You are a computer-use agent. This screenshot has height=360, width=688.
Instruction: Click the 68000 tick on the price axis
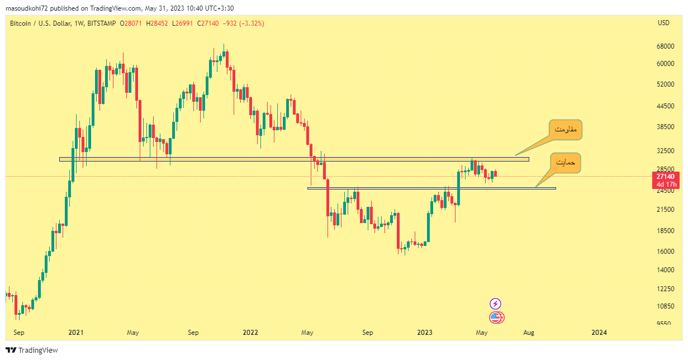[664, 46]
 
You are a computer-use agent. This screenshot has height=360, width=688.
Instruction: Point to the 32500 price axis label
[664, 151]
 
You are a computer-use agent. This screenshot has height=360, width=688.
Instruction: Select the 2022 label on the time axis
[250, 333]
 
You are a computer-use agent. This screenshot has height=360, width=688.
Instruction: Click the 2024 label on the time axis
[599, 333]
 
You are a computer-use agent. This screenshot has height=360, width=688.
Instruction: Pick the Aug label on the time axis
[528, 333]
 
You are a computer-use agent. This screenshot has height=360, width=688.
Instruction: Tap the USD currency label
[663, 23]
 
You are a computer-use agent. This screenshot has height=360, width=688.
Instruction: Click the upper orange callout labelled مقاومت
[565, 130]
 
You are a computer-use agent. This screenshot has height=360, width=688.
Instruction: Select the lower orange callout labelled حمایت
[565, 162]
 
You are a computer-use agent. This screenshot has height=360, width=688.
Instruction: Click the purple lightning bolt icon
[495, 304]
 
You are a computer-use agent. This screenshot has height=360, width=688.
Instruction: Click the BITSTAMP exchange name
[102, 23]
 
